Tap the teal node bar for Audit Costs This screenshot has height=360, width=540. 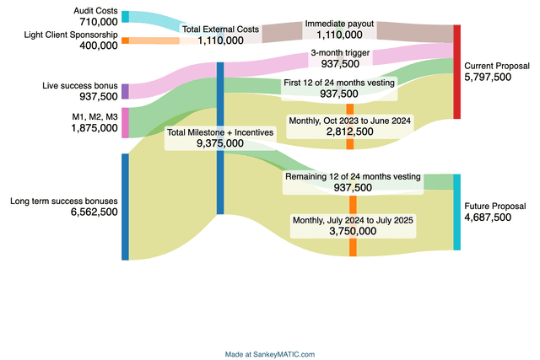(125, 16)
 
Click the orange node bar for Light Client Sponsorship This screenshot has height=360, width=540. (125, 40)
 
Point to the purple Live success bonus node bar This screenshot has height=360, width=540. (125, 91)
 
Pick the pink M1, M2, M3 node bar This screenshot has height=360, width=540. (125, 122)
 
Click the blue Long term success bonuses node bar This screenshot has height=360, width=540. (125, 207)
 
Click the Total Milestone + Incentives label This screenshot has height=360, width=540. (220, 132)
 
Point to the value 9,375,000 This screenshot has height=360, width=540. (220, 143)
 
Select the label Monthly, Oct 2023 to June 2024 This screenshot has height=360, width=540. (350, 121)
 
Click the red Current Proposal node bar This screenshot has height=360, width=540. (457, 72)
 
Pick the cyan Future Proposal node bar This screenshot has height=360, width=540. (457, 212)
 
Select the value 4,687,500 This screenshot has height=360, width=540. (488, 218)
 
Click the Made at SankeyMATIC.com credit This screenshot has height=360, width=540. (270, 354)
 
